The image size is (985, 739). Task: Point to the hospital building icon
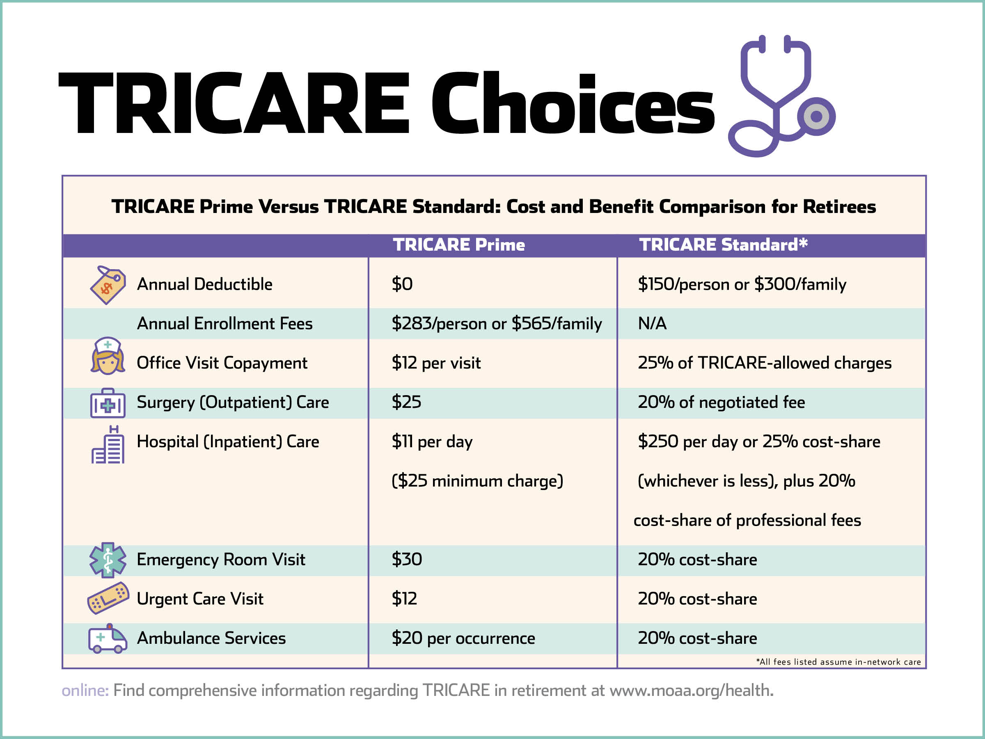pos(108,444)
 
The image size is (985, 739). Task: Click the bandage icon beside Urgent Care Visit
pos(108,598)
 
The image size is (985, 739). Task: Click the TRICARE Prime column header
pos(459,245)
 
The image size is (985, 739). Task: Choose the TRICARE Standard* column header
pos(723,245)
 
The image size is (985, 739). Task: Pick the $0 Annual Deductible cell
pos(402,284)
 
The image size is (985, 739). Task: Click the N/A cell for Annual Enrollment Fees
pos(653,323)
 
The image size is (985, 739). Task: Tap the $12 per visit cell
pos(436,363)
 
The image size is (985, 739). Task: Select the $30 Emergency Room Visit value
pos(407,559)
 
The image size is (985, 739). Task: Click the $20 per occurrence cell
pos(463,638)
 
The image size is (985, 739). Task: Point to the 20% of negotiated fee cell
pos(722,402)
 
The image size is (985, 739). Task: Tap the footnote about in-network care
pos(838,662)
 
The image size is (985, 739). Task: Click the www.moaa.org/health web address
pos(692,691)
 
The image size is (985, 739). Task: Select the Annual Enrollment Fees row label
pos(224,323)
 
